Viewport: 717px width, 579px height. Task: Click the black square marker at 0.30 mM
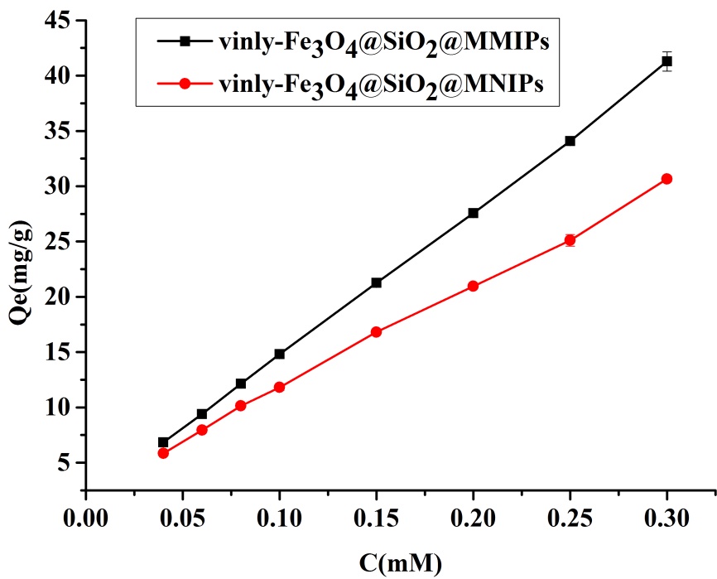tap(666, 61)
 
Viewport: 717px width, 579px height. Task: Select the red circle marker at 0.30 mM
tap(666, 179)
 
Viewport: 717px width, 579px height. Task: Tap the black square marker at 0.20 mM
tap(473, 213)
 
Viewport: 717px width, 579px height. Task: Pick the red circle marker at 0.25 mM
tap(570, 240)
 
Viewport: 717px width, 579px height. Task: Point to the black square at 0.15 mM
tap(376, 282)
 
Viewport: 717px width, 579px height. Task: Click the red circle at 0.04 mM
tap(163, 453)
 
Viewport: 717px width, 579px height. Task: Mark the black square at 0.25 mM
tap(570, 141)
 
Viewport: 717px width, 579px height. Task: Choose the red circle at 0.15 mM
tap(376, 331)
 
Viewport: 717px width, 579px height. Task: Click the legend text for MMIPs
tap(381, 45)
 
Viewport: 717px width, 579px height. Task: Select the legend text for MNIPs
tap(380, 84)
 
